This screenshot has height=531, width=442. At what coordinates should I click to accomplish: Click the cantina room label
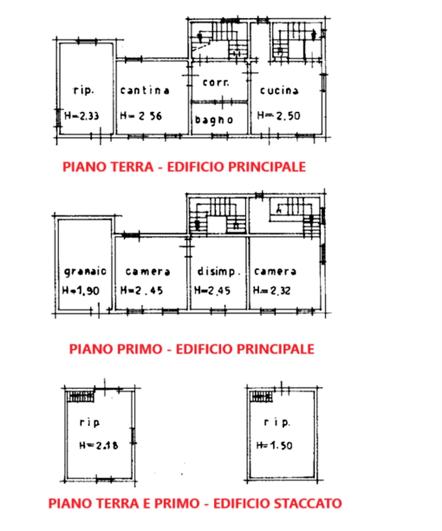tap(145, 91)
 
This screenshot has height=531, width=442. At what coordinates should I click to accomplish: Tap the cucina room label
tap(279, 91)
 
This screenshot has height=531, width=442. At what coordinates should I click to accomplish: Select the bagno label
tap(214, 120)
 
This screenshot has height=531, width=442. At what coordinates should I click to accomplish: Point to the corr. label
tap(216, 83)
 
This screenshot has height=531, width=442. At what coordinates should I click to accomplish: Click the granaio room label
tap(85, 271)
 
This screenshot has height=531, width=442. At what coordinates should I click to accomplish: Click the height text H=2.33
tap(82, 116)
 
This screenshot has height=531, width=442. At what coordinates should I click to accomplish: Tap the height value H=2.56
tap(141, 116)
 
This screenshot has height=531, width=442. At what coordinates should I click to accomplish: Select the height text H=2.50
tap(279, 115)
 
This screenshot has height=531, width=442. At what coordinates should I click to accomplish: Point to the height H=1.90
tap(81, 290)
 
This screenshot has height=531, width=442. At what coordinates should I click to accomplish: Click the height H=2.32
tap(272, 290)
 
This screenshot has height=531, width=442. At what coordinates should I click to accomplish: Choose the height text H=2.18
tap(99, 445)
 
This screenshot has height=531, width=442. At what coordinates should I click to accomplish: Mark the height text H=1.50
tap(274, 445)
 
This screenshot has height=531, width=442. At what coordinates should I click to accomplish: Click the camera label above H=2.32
tap(275, 271)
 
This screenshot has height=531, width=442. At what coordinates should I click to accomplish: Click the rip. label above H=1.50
tap(277, 422)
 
